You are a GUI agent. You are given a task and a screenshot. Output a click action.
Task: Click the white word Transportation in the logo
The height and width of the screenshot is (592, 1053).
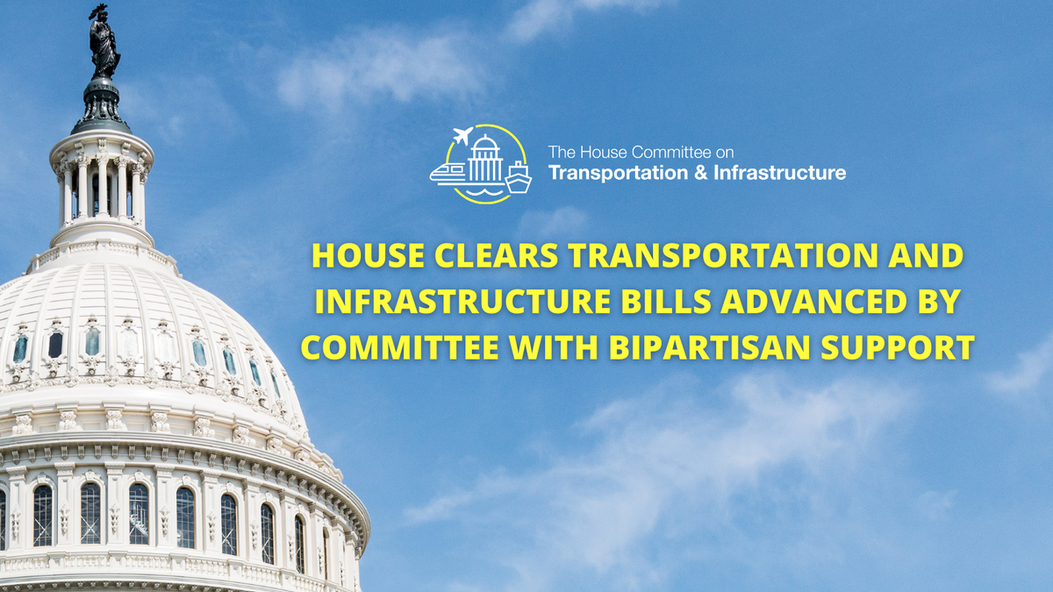[612, 173]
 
